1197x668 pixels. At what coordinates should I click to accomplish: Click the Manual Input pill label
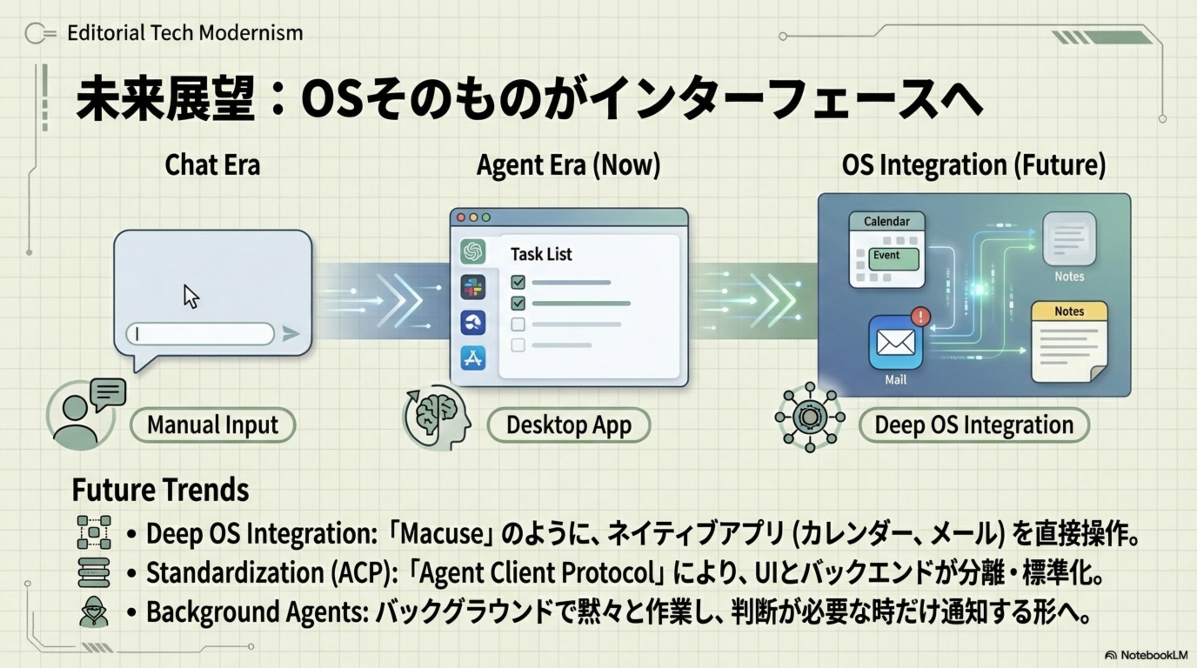click(x=213, y=425)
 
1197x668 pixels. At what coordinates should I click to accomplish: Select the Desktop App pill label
click(x=569, y=425)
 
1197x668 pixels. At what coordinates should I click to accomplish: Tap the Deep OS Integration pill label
click(x=974, y=425)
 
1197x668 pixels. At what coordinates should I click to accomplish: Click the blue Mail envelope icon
click(x=896, y=343)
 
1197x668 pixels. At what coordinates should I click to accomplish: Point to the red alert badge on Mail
click(x=920, y=317)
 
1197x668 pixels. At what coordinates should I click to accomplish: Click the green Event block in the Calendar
click(x=893, y=259)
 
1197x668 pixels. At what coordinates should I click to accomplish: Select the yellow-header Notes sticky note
click(x=1069, y=342)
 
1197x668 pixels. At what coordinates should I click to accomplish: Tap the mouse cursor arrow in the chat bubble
click(x=191, y=296)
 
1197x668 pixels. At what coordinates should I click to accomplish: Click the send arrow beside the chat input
click(x=291, y=334)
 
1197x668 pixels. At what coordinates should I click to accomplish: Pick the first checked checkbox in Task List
click(x=518, y=282)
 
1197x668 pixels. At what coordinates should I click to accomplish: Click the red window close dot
click(x=461, y=217)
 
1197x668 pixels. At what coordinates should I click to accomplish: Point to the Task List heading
click(x=542, y=254)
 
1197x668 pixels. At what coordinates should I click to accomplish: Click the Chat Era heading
click(x=212, y=165)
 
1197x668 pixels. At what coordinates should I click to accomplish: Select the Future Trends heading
click(x=160, y=490)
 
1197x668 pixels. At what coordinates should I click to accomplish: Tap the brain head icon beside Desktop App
click(x=437, y=417)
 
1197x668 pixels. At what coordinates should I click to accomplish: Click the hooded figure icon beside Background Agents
click(x=94, y=612)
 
